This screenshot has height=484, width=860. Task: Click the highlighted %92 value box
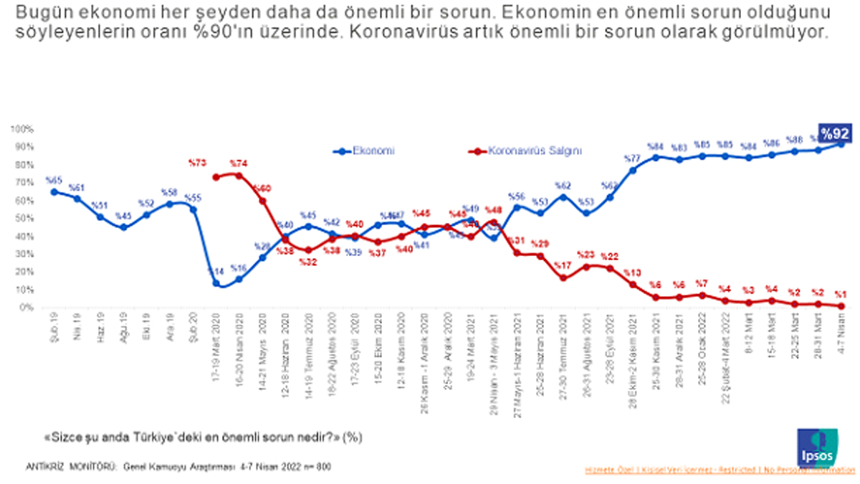point(836,133)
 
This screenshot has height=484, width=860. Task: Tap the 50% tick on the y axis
point(23,218)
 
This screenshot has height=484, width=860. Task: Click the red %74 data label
point(239,163)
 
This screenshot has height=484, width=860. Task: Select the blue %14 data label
point(216,272)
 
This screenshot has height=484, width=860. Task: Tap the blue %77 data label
point(632,158)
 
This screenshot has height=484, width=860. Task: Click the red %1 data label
point(841,293)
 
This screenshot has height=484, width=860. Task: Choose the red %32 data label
point(309,262)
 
